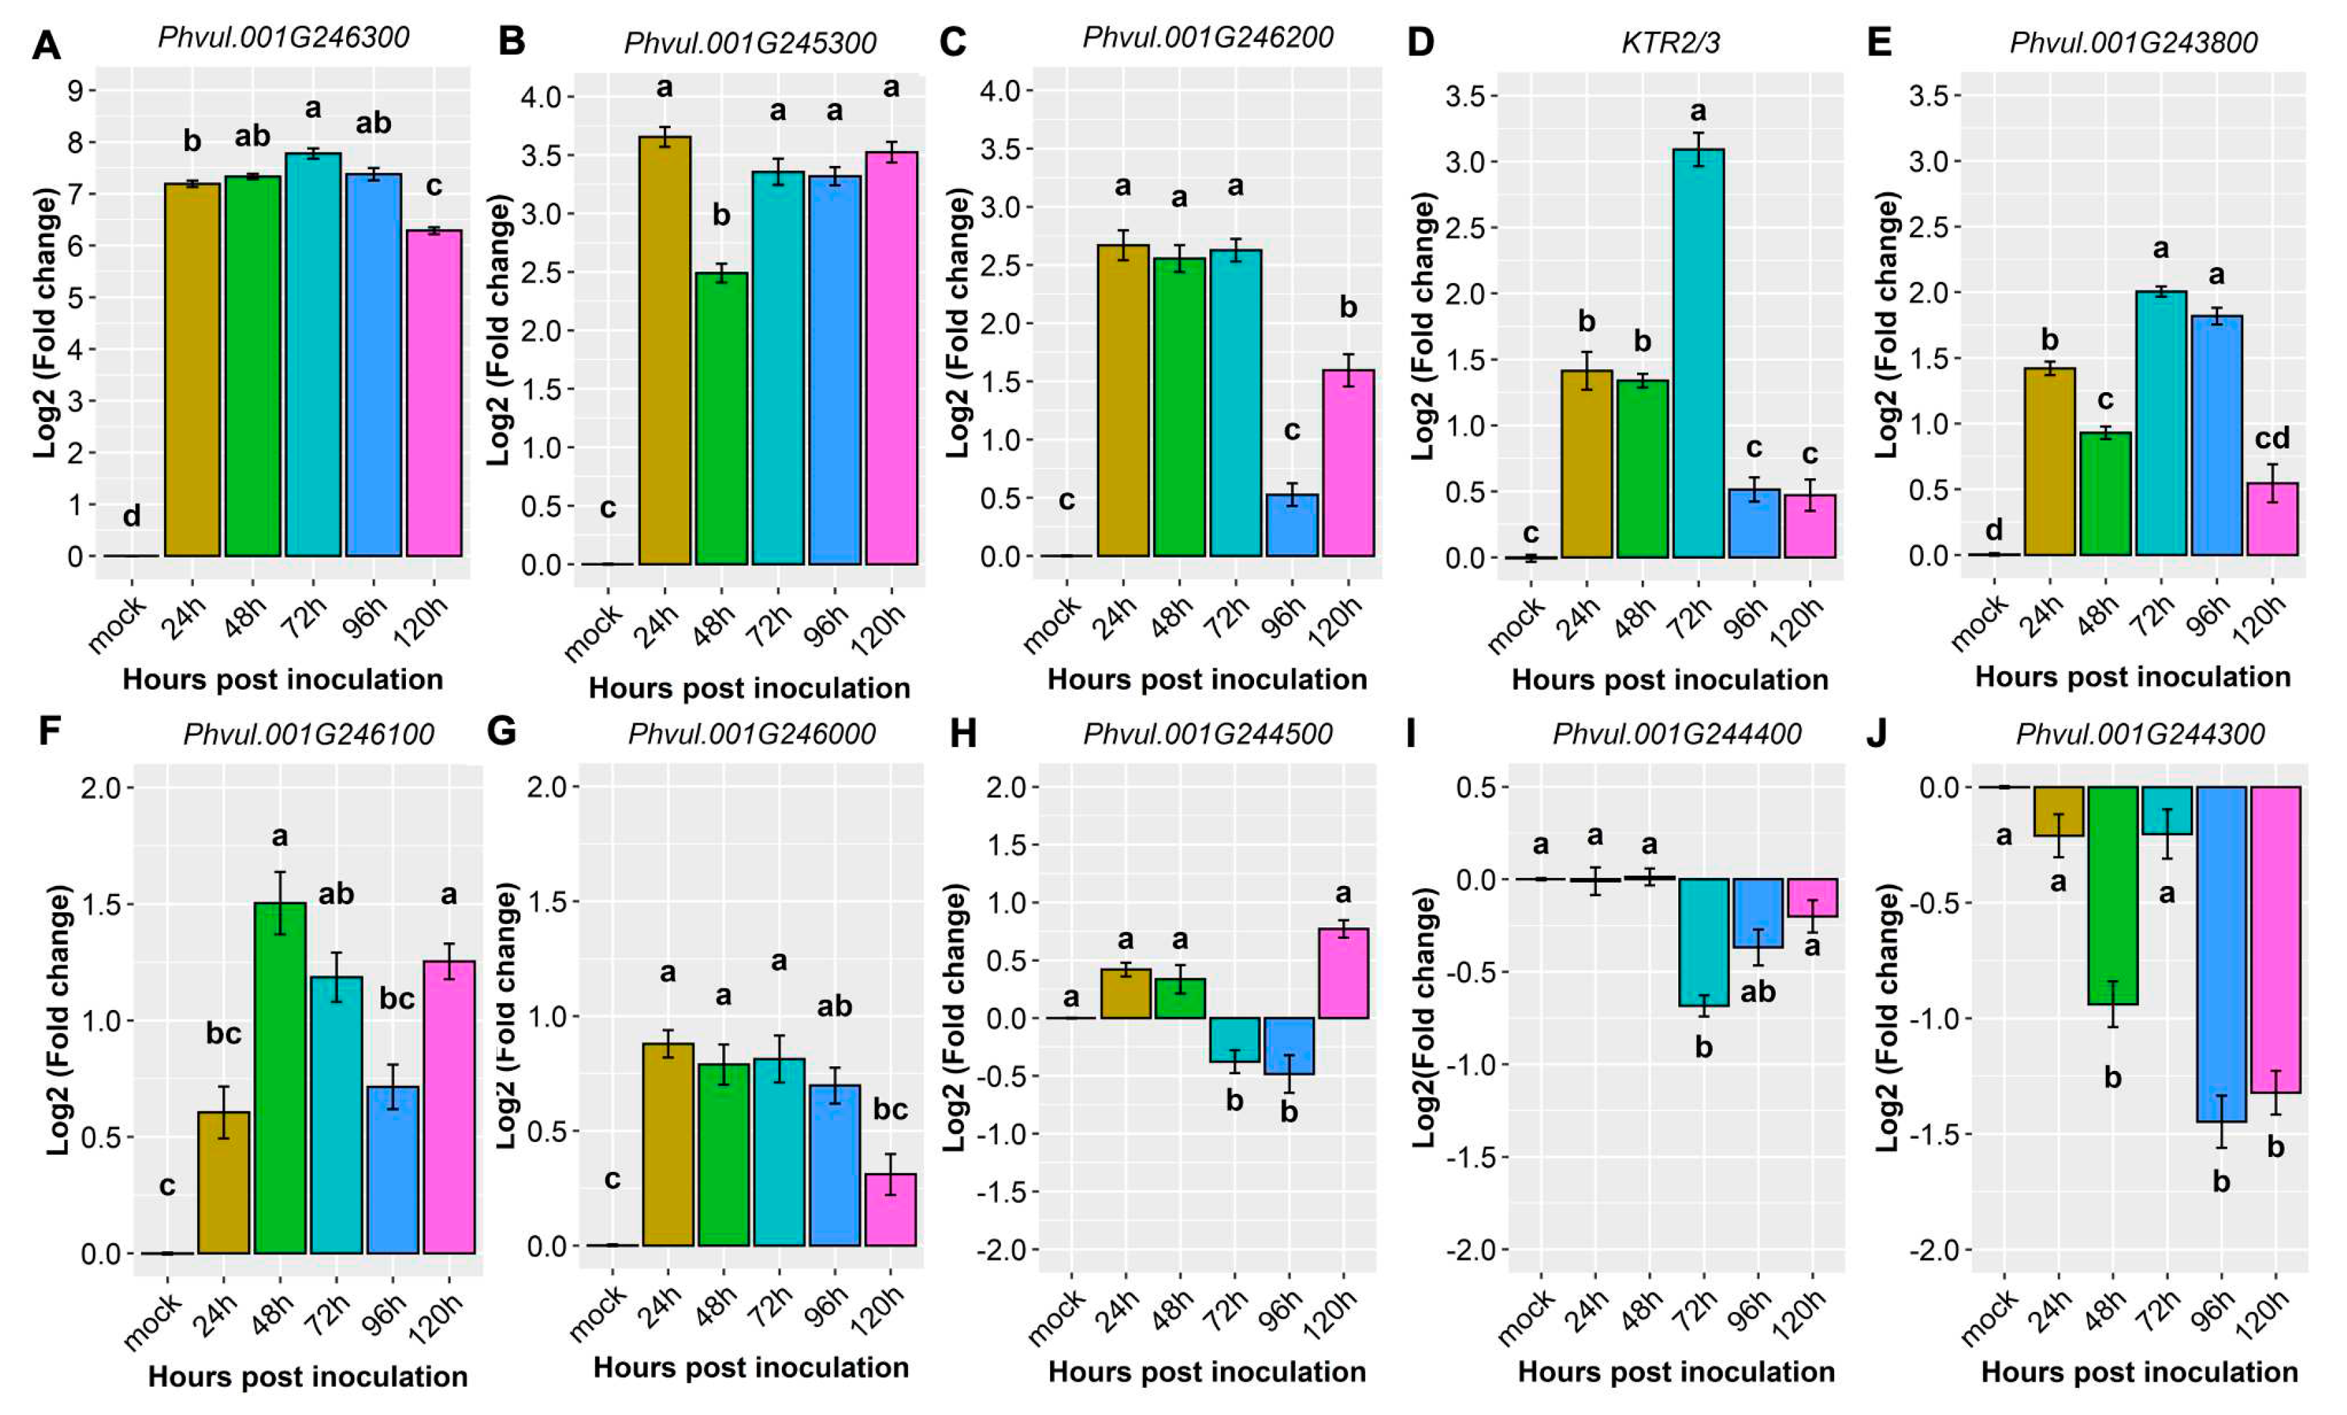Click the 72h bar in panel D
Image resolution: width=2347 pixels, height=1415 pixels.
tap(1699, 352)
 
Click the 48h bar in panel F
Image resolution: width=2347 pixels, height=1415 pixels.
tap(279, 1076)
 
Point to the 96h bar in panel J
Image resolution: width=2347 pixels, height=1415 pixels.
tap(2220, 953)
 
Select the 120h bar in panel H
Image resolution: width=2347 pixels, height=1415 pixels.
tap(1343, 972)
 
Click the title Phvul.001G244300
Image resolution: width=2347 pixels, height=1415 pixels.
tap(2140, 734)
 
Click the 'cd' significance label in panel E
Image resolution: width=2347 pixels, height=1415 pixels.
tap(2271, 438)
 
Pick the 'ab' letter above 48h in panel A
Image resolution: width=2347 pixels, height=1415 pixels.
tap(253, 136)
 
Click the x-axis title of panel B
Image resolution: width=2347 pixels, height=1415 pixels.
tap(749, 688)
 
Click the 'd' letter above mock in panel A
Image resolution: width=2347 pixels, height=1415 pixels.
tap(131, 516)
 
